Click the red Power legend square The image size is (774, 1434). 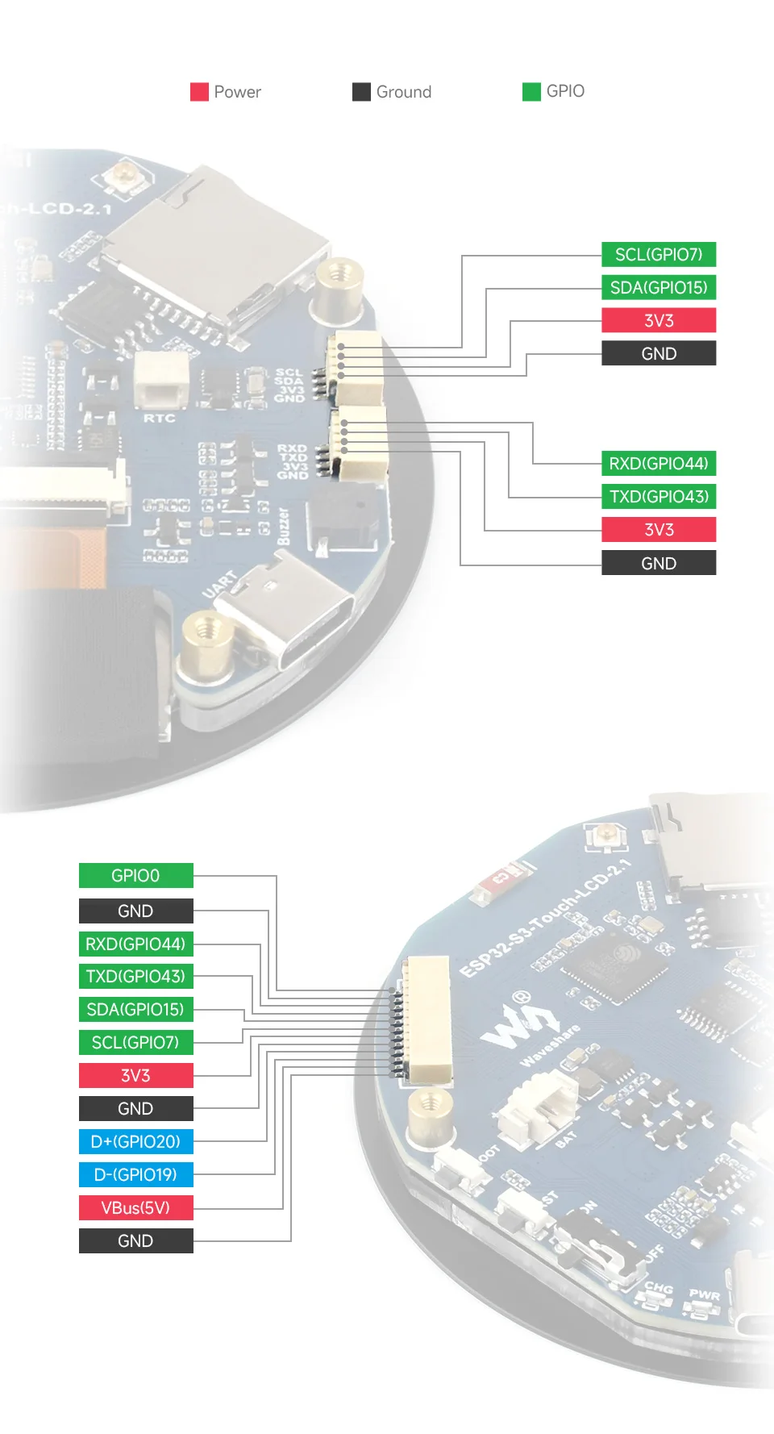pyautogui.click(x=199, y=92)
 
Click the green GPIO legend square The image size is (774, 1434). pyautogui.click(x=531, y=92)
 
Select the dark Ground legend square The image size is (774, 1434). pyautogui.click(x=361, y=92)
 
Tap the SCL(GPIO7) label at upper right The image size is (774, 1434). pyautogui.click(x=659, y=255)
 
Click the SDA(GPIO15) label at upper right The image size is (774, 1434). pyautogui.click(x=659, y=288)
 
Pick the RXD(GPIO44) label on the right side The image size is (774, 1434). pyautogui.click(x=659, y=464)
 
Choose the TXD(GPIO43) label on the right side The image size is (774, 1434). pyautogui.click(x=659, y=497)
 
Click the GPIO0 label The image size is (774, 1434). pyautogui.click(x=135, y=876)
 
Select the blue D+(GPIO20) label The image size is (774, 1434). pyautogui.click(x=135, y=1142)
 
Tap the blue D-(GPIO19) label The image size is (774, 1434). pyautogui.click(x=135, y=1175)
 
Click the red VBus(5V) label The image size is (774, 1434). pyautogui.click(x=135, y=1208)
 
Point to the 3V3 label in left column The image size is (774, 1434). pyautogui.click(x=135, y=1076)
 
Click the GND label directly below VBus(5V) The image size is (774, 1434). pyautogui.click(x=135, y=1241)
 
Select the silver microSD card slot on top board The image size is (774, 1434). pyautogui.click(x=218, y=250)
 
